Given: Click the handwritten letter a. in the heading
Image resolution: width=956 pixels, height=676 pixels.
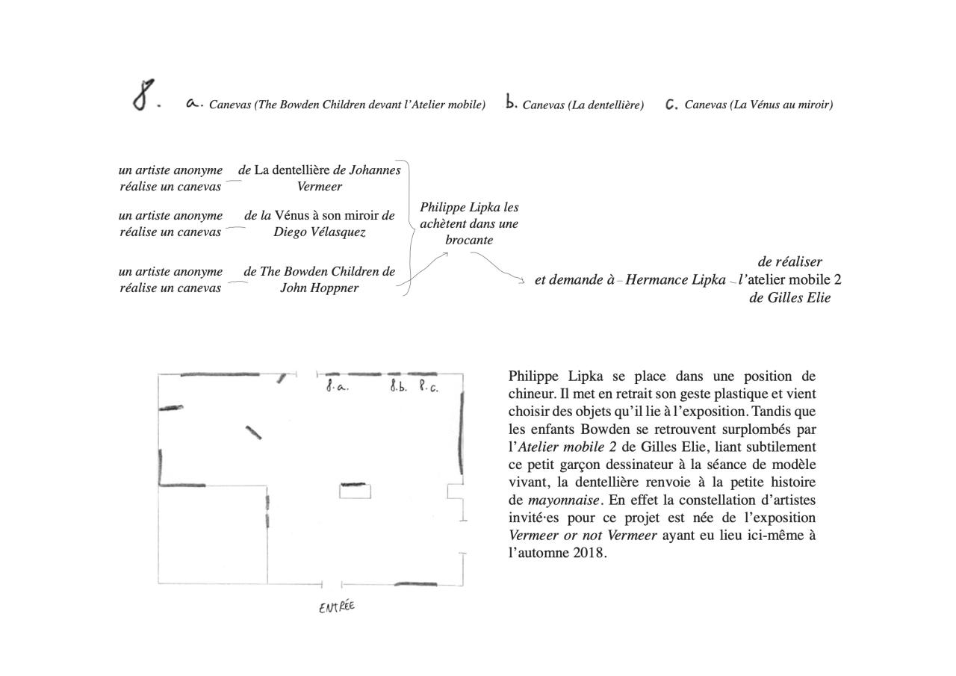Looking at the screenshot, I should pyautogui.click(x=193, y=104).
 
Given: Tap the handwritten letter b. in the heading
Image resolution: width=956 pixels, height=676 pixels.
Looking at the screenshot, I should pyautogui.click(x=511, y=103).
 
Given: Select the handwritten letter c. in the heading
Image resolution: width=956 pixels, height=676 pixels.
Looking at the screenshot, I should pyautogui.click(x=671, y=105).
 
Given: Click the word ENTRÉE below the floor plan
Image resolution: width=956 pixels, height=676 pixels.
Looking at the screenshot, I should pyautogui.click(x=337, y=607).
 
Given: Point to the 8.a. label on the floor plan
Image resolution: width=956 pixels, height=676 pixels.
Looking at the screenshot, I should pyautogui.click(x=337, y=387).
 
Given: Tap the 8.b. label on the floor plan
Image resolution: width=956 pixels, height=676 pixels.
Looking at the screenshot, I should pyautogui.click(x=398, y=387).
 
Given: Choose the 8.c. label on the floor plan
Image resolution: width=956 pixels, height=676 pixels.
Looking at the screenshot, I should pyautogui.click(x=429, y=387).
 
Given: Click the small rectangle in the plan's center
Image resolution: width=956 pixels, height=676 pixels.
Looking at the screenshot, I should pyautogui.click(x=355, y=492).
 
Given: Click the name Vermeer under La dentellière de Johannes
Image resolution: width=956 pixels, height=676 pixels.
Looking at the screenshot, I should pyautogui.click(x=320, y=187).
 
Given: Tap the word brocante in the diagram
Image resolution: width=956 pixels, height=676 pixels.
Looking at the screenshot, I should pyautogui.click(x=469, y=240).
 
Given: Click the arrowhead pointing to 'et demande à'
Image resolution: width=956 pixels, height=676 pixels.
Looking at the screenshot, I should pyautogui.click(x=522, y=281).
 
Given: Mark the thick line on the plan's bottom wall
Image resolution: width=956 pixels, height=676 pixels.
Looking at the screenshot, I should pyautogui.click(x=415, y=583).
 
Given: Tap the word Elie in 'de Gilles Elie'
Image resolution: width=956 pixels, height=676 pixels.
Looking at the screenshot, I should pyautogui.click(x=816, y=298).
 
